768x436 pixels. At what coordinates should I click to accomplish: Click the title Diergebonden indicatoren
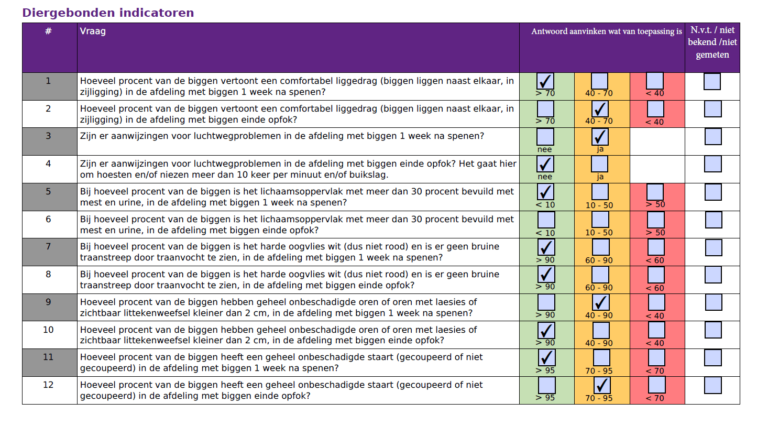[108, 13]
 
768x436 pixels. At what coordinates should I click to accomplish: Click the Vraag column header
[93, 31]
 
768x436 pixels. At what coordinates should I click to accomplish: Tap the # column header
[48, 31]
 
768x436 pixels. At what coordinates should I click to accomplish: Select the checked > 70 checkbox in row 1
[545, 81]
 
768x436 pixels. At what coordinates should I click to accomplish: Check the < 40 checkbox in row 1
[655, 81]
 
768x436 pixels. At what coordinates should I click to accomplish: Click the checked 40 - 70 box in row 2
[600, 109]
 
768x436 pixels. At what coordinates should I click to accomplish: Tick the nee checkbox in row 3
[545, 137]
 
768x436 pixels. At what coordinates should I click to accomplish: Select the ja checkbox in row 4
[600, 164]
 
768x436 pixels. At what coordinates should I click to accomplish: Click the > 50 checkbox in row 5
[655, 192]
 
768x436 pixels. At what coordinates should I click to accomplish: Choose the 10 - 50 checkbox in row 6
[600, 220]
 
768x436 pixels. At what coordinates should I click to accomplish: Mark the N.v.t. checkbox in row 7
[714, 248]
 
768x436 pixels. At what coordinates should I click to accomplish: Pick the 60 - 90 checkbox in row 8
[600, 275]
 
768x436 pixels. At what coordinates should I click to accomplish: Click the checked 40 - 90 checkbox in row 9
[601, 302]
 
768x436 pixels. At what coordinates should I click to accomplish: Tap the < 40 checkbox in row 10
[656, 330]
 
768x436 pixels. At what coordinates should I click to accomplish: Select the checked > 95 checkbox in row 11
[546, 358]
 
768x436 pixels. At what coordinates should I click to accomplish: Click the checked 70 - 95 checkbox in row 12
[602, 385]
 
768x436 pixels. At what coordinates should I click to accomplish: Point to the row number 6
[48, 219]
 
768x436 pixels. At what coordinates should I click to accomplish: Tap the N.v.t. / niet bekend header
[712, 42]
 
